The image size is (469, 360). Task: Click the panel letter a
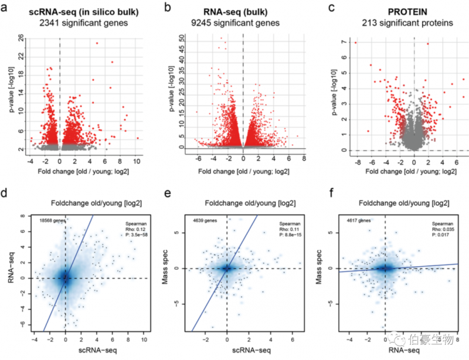point(6,8)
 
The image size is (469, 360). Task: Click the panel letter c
point(332,8)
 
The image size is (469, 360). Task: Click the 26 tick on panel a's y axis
point(21,38)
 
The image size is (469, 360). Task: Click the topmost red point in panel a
point(97,43)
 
